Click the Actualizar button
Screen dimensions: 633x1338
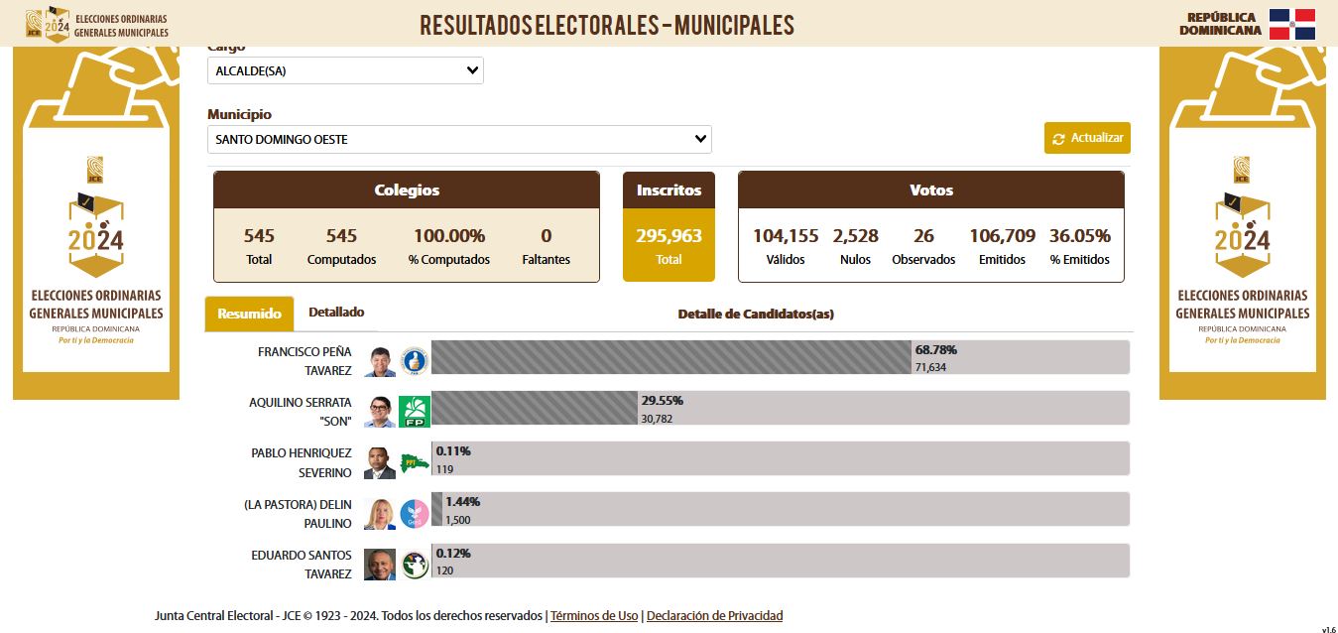[x=1087, y=138]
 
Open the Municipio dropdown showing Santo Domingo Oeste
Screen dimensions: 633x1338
[x=459, y=140]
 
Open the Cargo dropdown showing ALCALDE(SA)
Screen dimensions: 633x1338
[x=345, y=70]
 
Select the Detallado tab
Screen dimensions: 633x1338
[x=336, y=313]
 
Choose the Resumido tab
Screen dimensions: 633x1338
[x=249, y=314]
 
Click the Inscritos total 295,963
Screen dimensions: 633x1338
[x=669, y=236]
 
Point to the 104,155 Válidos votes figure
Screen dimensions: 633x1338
[x=786, y=236]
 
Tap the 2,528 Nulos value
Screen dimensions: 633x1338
[x=855, y=236]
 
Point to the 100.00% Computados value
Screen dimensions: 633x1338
[x=448, y=236]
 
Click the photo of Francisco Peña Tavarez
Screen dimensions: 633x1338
[x=379, y=362]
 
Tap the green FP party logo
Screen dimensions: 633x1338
[x=414, y=412]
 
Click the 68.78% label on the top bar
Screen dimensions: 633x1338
[x=936, y=350]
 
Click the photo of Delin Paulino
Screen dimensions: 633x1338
[x=379, y=513]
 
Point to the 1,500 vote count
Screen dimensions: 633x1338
[x=458, y=520]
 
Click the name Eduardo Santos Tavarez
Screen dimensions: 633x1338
[x=302, y=565]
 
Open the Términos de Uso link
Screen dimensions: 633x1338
[x=594, y=616]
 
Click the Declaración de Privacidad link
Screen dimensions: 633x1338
[x=714, y=616]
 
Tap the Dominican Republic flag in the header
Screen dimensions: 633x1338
[x=1291, y=24]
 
